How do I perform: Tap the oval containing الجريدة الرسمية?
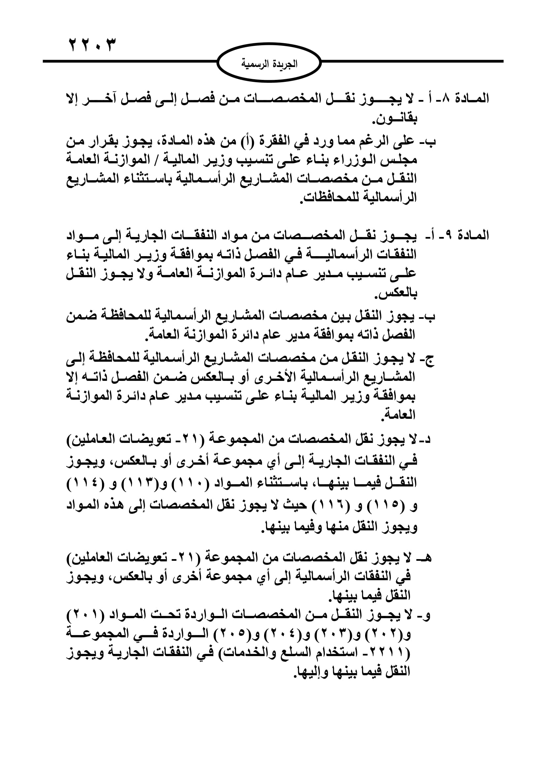pyautogui.click(x=269, y=63)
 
